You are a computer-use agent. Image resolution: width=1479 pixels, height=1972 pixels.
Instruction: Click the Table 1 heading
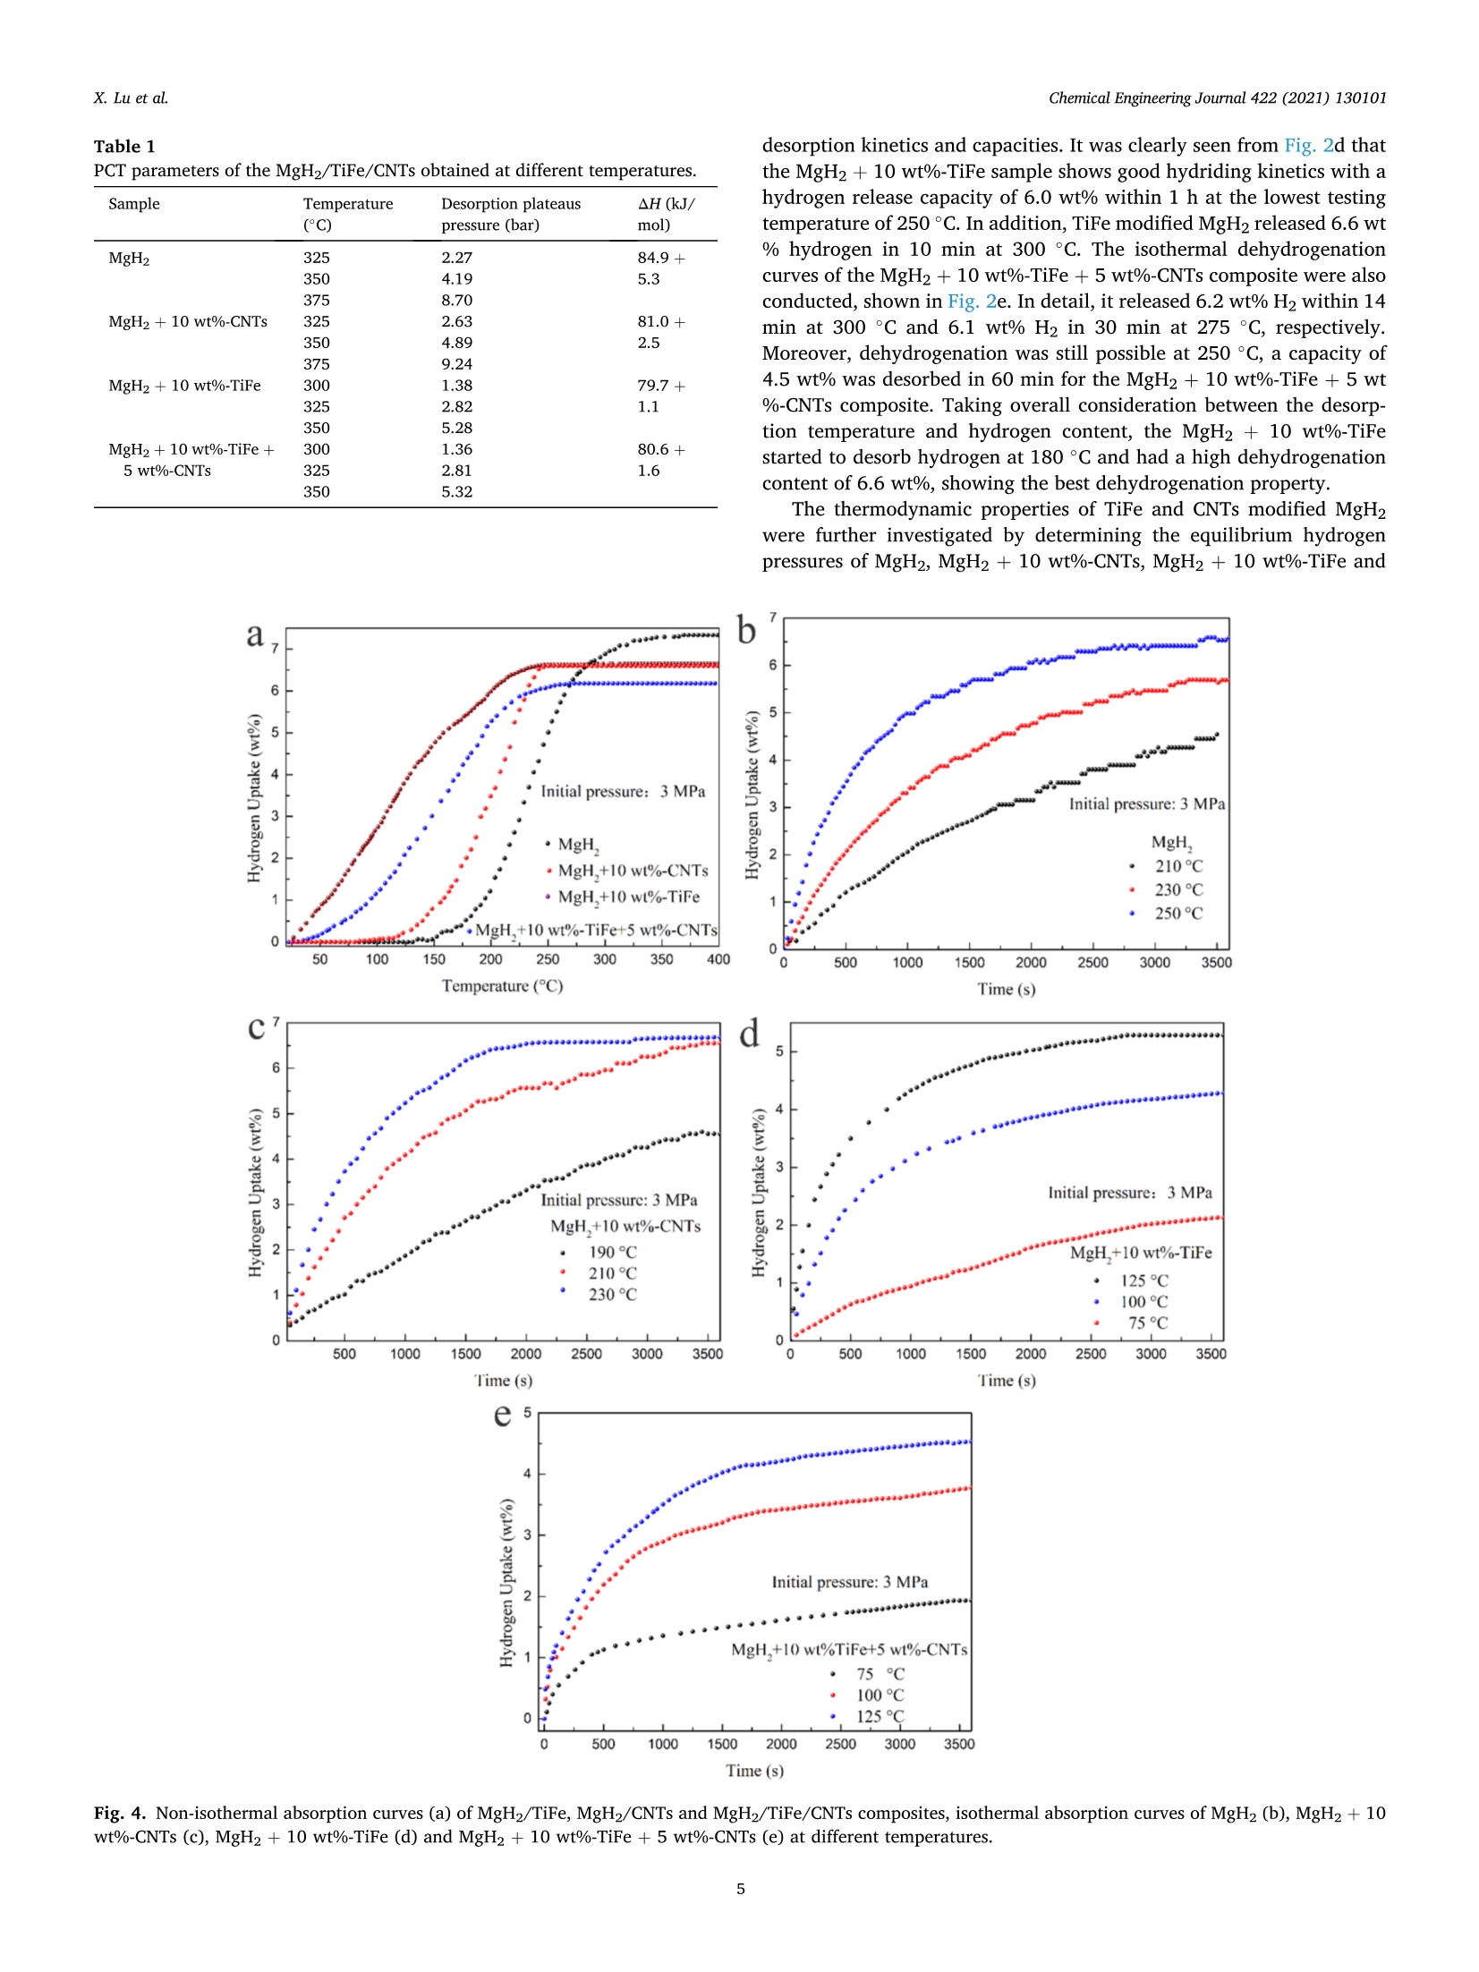point(124,146)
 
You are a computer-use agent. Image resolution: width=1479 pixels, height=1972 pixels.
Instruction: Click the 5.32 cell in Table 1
point(456,491)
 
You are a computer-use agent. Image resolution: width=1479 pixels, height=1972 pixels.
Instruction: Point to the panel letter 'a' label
point(255,634)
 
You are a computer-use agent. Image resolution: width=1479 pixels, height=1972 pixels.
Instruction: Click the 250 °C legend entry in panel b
point(1177,913)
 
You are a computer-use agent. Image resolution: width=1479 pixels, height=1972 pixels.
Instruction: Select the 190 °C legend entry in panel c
point(612,1252)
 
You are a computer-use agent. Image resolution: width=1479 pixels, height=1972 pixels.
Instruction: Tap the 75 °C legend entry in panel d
point(1147,1322)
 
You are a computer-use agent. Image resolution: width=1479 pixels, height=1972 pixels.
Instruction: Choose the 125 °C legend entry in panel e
point(880,1716)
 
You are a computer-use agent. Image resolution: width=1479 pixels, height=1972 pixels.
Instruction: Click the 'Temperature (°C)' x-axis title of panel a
point(502,986)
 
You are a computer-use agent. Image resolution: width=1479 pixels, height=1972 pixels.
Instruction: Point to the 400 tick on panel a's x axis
point(718,959)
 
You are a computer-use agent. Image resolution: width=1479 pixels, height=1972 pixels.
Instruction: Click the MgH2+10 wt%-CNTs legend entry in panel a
point(632,871)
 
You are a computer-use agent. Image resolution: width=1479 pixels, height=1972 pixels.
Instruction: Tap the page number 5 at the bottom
point(740,1889)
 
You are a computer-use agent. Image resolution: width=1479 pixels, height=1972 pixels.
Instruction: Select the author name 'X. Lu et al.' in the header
point(131,98)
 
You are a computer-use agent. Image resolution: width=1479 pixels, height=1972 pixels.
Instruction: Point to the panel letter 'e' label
point(503,1415)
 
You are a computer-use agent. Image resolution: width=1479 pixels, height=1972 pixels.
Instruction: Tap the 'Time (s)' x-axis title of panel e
point(754,1770)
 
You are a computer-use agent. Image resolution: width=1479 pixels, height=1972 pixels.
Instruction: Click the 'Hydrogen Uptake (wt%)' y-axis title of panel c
point(256,1193)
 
